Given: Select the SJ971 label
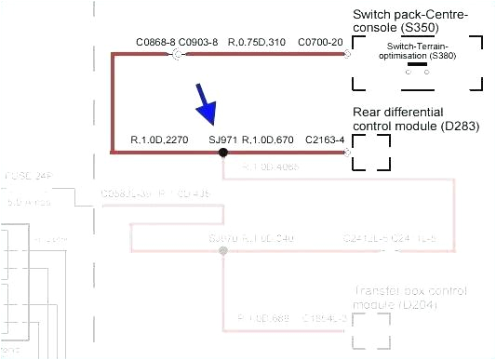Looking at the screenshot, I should point(223,140).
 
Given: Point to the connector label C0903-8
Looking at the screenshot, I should point(198,42).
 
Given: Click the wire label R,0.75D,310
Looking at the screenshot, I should point(256,42).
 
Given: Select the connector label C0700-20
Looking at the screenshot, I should point(320,42).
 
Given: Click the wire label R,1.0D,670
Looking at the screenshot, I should point(268,140).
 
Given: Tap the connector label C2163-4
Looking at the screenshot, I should point(325,140).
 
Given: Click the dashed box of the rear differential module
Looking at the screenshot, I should point(370,152).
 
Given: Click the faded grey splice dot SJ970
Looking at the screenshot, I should point(222,251).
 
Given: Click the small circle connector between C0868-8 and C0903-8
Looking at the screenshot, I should point(177,56).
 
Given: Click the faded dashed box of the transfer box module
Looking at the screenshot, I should point(370,329).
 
